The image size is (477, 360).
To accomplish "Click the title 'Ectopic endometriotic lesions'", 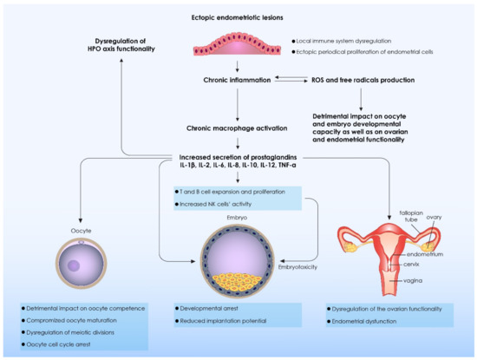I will [238, 17].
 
